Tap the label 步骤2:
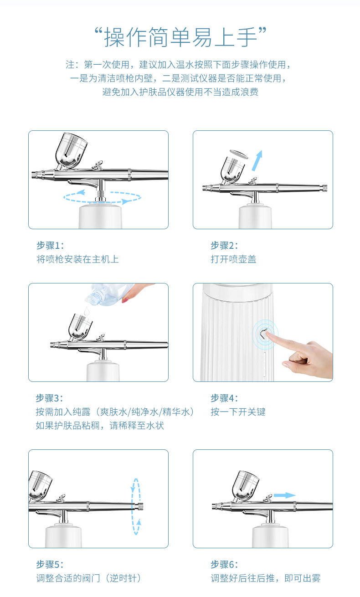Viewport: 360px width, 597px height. click(224, 246)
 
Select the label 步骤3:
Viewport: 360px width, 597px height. click(50, 398)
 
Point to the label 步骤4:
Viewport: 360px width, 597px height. click(224, 398)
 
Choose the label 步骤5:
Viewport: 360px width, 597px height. click(50, 564)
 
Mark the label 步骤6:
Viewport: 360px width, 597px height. click(224, 564)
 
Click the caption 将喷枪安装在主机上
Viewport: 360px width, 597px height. click(77, 259)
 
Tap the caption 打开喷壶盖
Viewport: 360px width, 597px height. click(233, 259)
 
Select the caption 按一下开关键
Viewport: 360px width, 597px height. click(238, 412)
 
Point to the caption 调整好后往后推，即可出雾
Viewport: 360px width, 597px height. click(265, 578)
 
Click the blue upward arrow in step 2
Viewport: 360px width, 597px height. click(257, 160)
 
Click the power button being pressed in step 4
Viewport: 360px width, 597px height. click(263, 334)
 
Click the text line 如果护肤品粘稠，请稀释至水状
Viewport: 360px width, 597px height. click(100, 426)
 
